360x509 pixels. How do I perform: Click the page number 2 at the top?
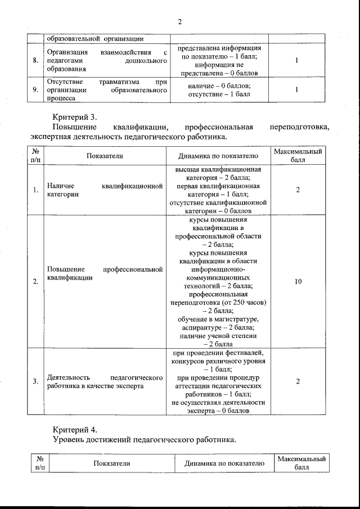pyautogui.click(x=180, y=22)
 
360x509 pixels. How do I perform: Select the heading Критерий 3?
pyautogui.click(x=75, y=117)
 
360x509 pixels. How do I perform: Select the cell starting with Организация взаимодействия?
pyautogui.click(x=106, y=61)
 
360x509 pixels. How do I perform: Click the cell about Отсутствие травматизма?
pyautogui.click(x=106, y=89)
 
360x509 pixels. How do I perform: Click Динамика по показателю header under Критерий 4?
pyautogui.click(x=224, y=463)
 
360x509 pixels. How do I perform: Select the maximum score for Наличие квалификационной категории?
pyautogui.click(x=298, y=190)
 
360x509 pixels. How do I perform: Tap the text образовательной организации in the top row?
pyautogui.click(x=94, y=39)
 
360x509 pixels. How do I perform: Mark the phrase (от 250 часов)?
pyautogui.click(x=243, y=303)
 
